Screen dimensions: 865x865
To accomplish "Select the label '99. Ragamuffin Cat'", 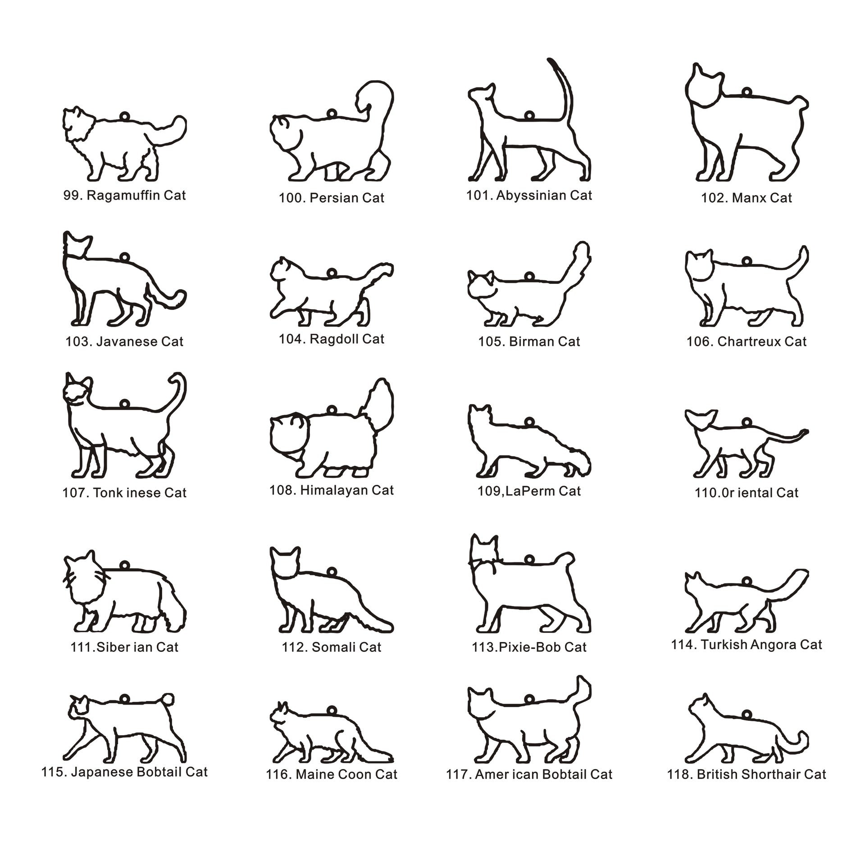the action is pos(125,196).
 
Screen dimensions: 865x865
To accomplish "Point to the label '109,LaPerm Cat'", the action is pos(529,491).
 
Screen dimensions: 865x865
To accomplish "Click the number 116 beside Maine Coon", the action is pos(277,775).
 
